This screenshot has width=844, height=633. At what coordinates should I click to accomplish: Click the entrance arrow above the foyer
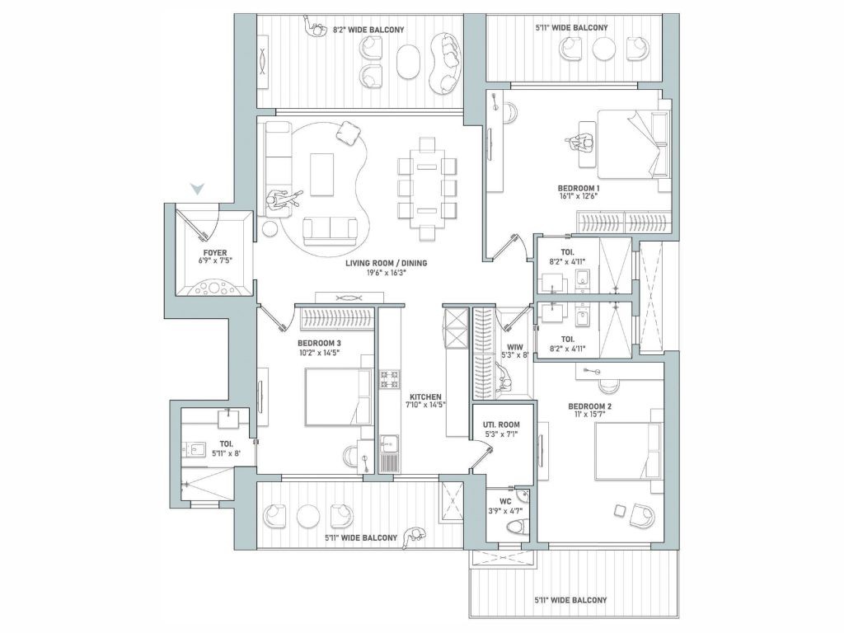click(198, 189)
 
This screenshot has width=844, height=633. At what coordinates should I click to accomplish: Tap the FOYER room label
click(215, 252)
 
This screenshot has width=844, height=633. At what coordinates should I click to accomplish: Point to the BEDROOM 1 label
click(579, 188)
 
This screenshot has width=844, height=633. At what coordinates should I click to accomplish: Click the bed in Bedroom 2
click(628, 451)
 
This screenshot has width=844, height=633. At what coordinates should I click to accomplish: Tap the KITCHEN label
click(424, 396)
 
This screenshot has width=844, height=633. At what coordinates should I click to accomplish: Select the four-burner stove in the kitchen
click(390, 379)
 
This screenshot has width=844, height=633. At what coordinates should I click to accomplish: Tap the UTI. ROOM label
click(501, 424)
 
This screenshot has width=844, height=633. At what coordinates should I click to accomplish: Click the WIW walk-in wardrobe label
click(515, 347)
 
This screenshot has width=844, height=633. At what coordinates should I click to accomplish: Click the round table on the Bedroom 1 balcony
click(604, 49)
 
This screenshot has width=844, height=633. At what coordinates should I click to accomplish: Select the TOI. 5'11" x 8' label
click(226, 448)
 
